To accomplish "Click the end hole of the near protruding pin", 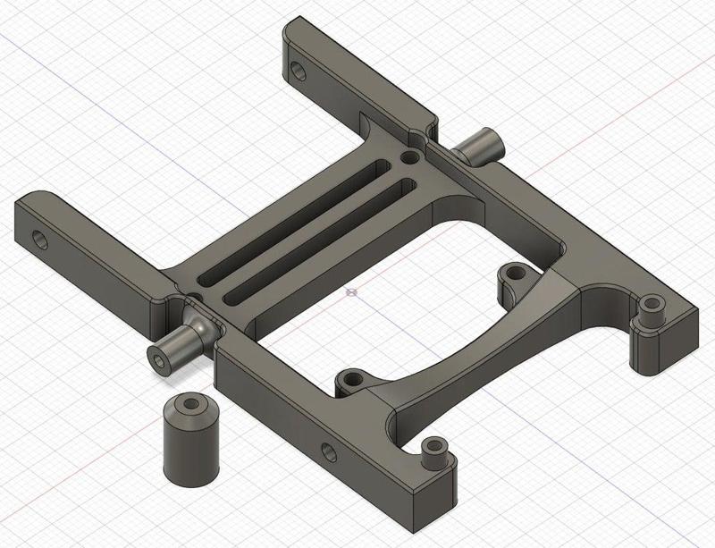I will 159,358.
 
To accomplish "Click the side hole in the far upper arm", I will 296,68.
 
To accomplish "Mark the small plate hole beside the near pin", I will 193,296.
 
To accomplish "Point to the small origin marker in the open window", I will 351,291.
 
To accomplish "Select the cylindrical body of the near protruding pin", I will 171,350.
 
